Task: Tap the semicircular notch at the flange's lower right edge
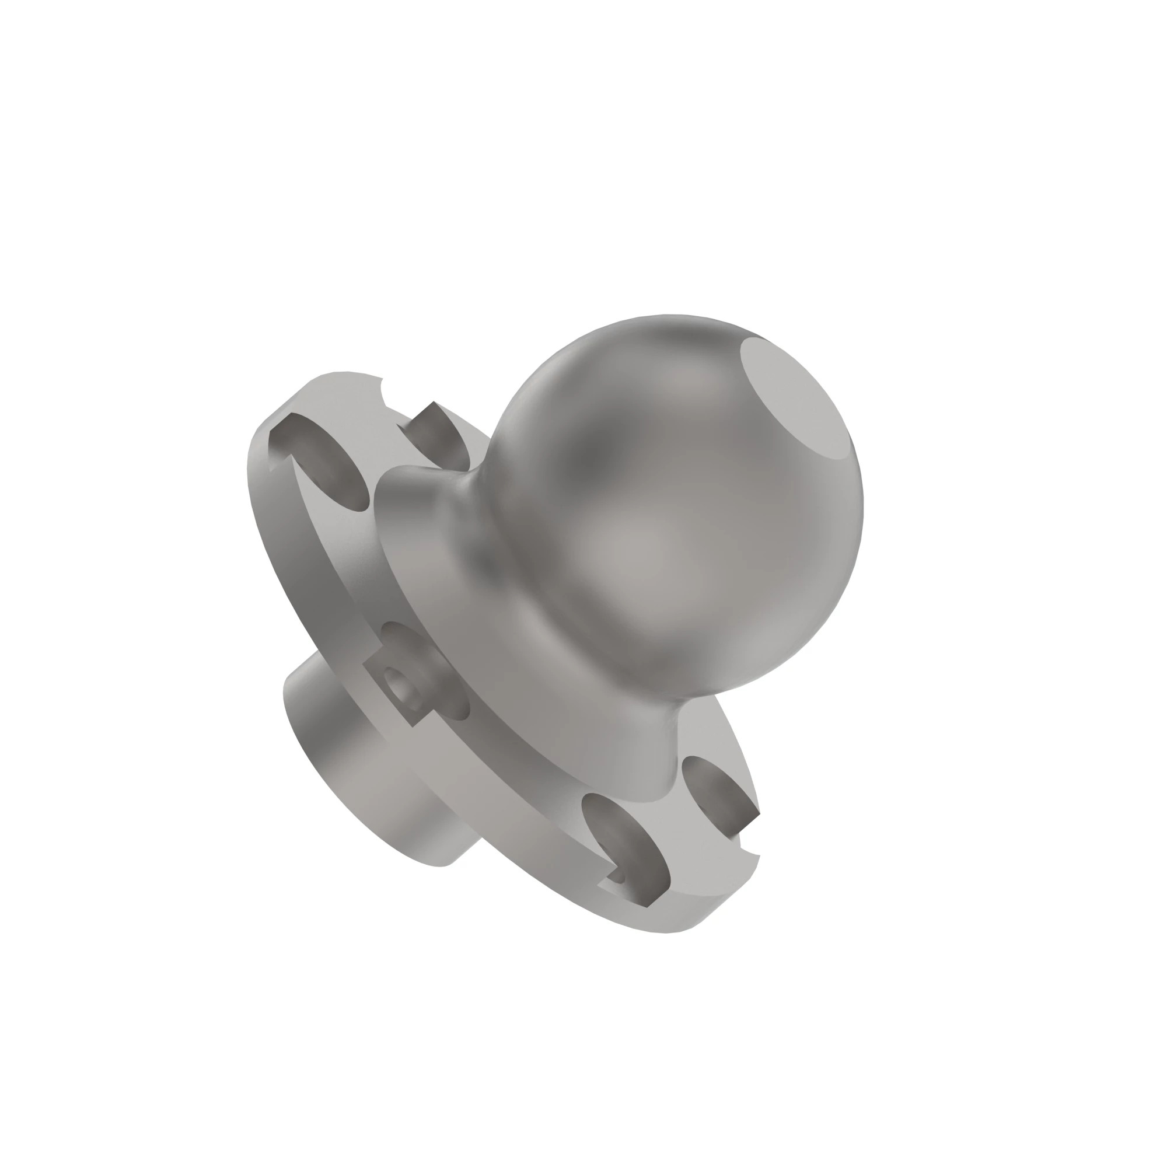click(x=748, y=861)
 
